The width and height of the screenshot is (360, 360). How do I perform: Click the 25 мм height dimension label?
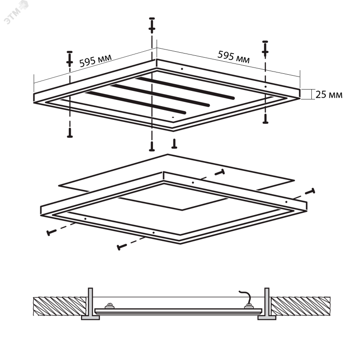point(329,94)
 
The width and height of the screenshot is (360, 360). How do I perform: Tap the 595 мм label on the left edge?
point(95,61)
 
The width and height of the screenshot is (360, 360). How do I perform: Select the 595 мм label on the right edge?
point(234,57)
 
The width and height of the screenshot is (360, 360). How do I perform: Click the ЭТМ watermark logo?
point(16,13)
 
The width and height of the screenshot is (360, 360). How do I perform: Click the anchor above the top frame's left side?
point(70,58)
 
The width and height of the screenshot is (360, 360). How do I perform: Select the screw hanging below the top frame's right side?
point(265,119)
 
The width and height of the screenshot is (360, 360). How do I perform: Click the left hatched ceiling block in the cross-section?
point(60,306)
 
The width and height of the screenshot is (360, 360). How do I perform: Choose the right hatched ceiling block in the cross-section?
point(301,306)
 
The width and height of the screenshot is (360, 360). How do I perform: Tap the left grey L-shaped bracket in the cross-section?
point(91,306)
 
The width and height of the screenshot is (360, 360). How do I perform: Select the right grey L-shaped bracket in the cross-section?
point(267,306)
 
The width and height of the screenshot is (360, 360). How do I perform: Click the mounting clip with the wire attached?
point(249,306)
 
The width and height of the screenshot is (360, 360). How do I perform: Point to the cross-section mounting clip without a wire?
point(110,306)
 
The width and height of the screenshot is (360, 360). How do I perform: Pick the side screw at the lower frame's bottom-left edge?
point(52,232)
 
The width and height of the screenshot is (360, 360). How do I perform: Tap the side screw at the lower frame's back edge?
point(220,172)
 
